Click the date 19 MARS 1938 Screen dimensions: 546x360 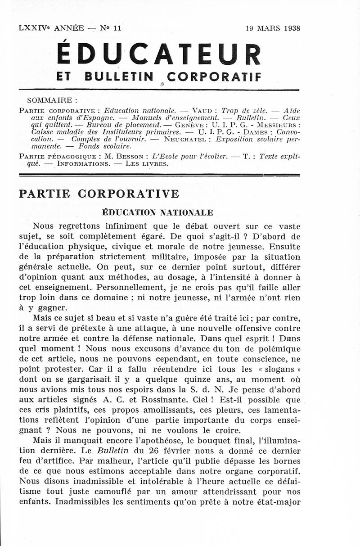pyautogui.click(x=273, y=28)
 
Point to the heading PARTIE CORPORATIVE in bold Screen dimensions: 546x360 pyautogui.click(x=99, y=194)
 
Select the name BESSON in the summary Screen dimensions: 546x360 pyautogui.click(x=133, y=157)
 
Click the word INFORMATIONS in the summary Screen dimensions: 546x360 pyautogui.click(x=75, y=163)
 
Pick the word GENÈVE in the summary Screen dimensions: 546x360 pyautogui.click(x=189, y=124)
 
